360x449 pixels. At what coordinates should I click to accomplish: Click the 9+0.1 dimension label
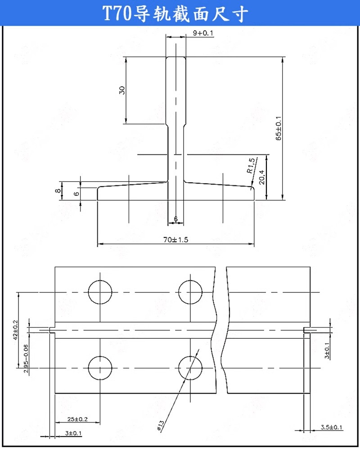pyautogui.click(x=203, y=33)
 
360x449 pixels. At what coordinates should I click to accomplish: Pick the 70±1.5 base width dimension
pyautogui.click(x=176, y=240)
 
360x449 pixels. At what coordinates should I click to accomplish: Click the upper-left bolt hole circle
pyautogui.click(x=100, y=292)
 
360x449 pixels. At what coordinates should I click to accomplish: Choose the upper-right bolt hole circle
pyautogui.click(x=190, y=292)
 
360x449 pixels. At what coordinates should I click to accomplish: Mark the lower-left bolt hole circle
pyautogui.click(x=100, y=368)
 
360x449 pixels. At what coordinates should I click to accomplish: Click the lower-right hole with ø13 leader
pyautogui.click(x=190, y=368)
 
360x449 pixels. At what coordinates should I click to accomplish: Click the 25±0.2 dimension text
pyautogui.click(x=77, y=419)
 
